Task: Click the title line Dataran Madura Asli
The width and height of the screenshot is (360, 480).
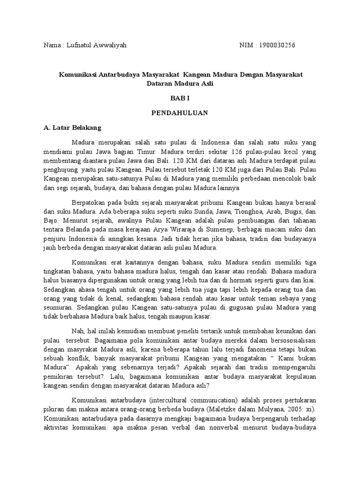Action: click(180, 84)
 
